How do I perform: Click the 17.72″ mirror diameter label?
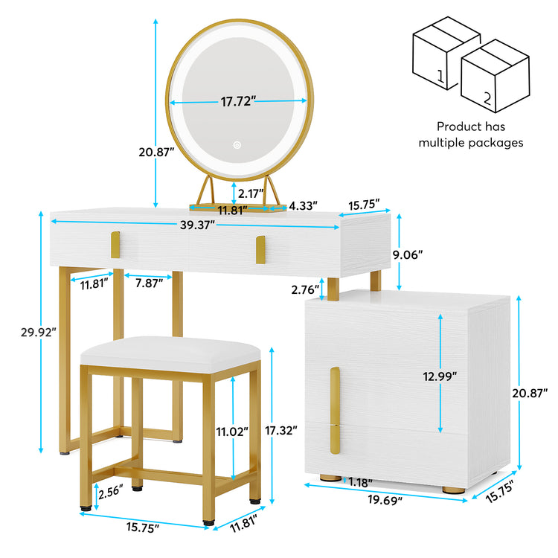(238, 101)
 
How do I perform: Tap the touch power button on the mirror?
(237, 145)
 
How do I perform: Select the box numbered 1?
(446, 53)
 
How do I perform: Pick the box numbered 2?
(495, 76)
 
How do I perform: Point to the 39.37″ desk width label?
(197, 225)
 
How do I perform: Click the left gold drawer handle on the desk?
(115, 245)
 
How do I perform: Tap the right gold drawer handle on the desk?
(260, 250)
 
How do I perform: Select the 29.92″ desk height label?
(39, 332)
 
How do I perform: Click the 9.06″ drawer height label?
(408, 254)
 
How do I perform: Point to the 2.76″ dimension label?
(305, 289)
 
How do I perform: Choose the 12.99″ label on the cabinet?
(440, 376)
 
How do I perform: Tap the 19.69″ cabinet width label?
(385, 500)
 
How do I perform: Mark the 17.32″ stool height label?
(280, 430)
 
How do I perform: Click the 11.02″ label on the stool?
(232, 432)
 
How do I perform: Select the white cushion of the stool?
(170, 354)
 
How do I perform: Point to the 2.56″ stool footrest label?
(111, 492)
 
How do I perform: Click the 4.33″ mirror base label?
(303, 205)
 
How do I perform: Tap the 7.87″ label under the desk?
(149, 283)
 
